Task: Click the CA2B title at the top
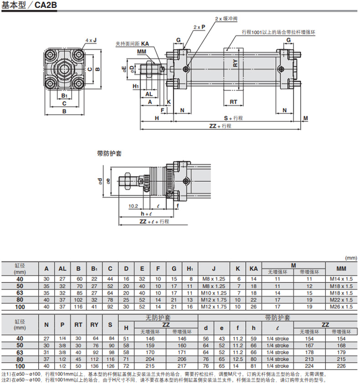46,5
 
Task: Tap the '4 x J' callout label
91,40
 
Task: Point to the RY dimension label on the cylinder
235,63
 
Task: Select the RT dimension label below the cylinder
233,102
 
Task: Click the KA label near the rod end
145,44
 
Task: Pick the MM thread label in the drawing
141,51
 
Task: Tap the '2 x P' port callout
199,27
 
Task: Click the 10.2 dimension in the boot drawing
133,206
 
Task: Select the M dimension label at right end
306,118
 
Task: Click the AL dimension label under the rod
149,94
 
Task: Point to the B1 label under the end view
64,96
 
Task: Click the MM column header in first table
341,269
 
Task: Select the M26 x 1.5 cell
341,307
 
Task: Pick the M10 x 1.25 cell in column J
214,293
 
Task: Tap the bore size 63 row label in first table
20,293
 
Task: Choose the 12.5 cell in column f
237,359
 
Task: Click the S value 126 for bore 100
110,366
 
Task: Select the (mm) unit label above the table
351,258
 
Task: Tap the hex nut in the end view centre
64,69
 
